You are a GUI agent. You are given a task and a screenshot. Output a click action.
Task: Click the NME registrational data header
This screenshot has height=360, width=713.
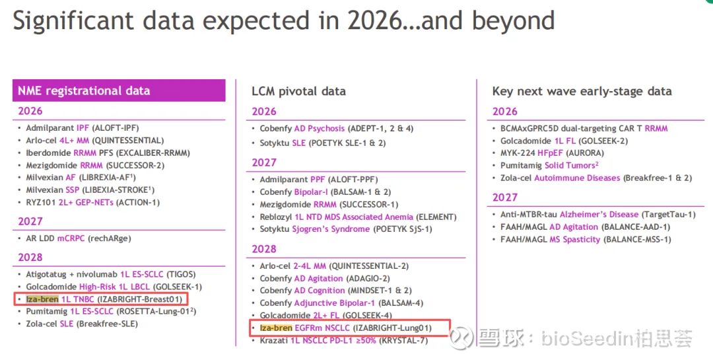[x=84, y=91]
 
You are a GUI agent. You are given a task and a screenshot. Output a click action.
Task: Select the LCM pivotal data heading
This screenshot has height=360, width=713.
[x=298, y=91]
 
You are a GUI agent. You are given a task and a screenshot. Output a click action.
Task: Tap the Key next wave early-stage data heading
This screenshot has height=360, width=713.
[x=582, y=91]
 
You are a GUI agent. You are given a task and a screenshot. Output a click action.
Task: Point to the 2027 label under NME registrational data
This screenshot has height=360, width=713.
[x=30, y=221]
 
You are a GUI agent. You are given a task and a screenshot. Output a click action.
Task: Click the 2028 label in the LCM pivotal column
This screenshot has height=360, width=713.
[x=264, y=249]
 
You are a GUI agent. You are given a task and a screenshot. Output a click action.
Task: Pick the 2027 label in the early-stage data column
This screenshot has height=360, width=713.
[x=505, y=197]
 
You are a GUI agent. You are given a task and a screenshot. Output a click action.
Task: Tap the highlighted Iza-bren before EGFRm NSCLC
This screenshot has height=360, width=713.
[x=276, y=328]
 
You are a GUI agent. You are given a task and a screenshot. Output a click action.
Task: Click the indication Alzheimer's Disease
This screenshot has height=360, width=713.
[x=599, y=214]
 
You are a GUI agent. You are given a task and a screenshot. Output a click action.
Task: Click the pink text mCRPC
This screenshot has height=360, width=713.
[x=71, y=238]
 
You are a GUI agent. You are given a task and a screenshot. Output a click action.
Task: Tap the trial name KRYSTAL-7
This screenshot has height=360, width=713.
[x=401, y=340]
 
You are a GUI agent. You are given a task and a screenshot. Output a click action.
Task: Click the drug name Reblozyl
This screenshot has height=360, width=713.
[x=275, y=217]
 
